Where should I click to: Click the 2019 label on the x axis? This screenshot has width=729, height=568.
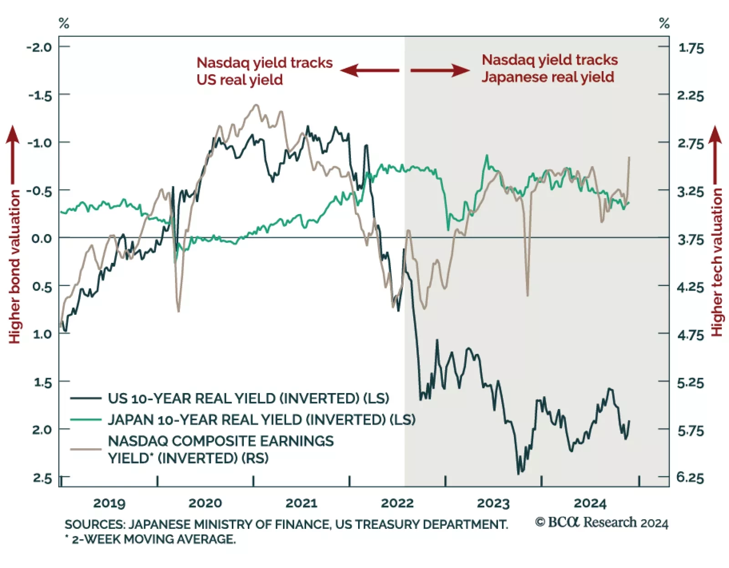pyautogui.click(x=109, y=503)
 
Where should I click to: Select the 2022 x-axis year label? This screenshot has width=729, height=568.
pyautogui.click(x=397, y=503)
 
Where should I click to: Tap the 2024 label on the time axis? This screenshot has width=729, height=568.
pyautogui.click(x=590, y=503)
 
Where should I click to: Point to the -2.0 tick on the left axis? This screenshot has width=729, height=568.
pyautogui.click(x=39, y=47)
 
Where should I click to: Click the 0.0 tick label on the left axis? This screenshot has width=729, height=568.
pyautogui.click(x=41, y=238)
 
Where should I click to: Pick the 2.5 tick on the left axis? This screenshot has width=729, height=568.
pyautogui.click(x=42, y=478)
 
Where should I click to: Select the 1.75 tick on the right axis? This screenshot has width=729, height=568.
pyautogui.click(x=691, y=48)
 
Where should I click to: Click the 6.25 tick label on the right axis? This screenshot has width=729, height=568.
pyautogui.click(x=690, y=477)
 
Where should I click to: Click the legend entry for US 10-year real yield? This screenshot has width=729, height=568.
pyautogui.click(x=248, y=399)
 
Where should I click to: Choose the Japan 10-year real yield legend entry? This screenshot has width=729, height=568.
pyautogui.click(x=262, y=420)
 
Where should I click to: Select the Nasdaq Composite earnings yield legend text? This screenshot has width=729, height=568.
pyautogui.click(x=221, y=449)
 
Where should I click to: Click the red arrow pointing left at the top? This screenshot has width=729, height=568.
pyautogui.click(x=370, y=70)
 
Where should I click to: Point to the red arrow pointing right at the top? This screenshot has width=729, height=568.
pyautogui.click(x=440, y=70)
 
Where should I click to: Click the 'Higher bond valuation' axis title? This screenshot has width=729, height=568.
pyautogui.click(x=15, y=266)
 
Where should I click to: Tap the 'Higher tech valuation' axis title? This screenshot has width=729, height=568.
pyautogui.click(x=717, y=262)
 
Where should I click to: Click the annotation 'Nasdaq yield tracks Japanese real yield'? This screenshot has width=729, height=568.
pyautogui.click(x=549, y=68)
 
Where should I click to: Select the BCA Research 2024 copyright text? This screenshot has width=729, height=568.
pyautogui.click(x=601, y=522)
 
